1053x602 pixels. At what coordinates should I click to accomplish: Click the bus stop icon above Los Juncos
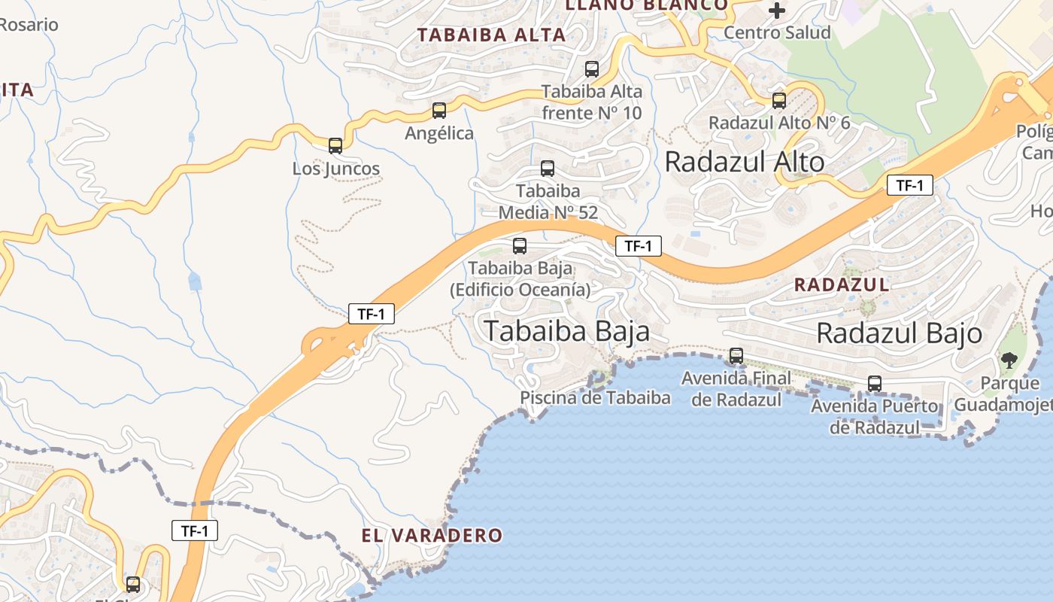[335, 146]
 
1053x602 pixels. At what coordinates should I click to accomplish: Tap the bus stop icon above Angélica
[439, 111]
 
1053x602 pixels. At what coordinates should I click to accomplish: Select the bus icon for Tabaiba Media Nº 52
[548, 169]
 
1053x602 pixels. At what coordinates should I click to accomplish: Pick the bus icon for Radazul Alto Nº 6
[779, 100]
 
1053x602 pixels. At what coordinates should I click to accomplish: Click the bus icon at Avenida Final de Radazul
[736, 356]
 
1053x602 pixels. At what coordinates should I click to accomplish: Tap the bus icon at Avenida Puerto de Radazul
[875, 384]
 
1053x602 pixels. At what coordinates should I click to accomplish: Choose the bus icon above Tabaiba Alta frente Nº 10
[592, 69]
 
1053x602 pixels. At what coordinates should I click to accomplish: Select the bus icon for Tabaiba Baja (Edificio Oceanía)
[520, 245]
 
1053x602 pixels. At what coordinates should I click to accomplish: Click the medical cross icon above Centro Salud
[777, 11]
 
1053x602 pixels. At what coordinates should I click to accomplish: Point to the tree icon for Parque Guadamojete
[1009, 360]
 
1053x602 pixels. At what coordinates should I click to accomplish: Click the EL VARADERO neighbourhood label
[432, 536]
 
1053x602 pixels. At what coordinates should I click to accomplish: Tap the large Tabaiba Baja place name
[566, 331]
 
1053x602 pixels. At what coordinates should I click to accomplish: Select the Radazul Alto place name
[745, 162]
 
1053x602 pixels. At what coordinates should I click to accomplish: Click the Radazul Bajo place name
[899, 333]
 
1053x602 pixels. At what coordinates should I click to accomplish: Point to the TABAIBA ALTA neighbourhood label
[491, 35]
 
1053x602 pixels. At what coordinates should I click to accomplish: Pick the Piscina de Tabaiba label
[595, 397]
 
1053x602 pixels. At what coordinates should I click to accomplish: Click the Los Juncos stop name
[336, 169]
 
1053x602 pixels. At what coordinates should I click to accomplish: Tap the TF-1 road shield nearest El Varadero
[195, 531]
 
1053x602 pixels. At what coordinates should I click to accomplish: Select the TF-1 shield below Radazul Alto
[909, 185]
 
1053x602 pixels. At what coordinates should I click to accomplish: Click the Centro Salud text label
[777, 32]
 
